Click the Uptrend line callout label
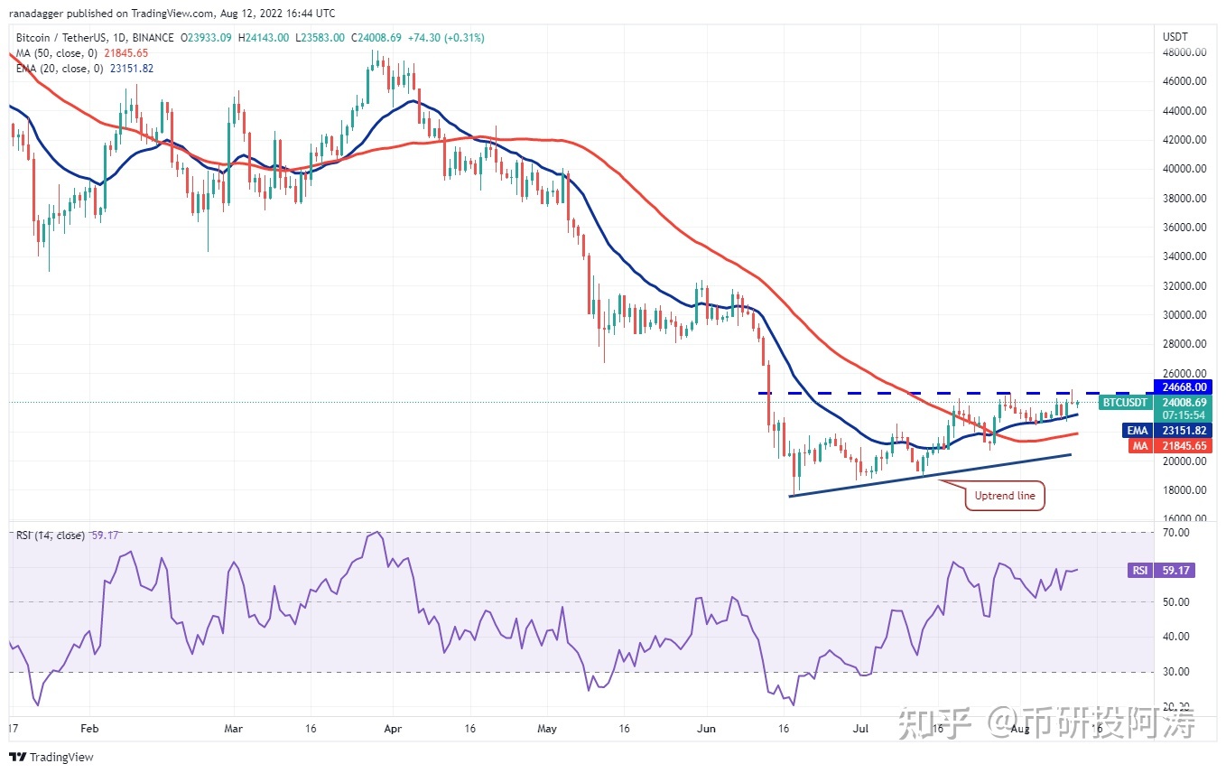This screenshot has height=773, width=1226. click(1006, 496)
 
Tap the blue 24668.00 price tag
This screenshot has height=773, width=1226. click(1185, 386)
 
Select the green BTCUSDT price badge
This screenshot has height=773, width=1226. click(1126, 403)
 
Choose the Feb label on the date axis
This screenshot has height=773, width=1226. click(88, 727)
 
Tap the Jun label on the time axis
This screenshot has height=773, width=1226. click(707, 727)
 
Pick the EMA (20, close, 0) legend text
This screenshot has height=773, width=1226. click(60, 69)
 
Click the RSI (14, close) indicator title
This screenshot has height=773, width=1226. click(51, 536)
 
